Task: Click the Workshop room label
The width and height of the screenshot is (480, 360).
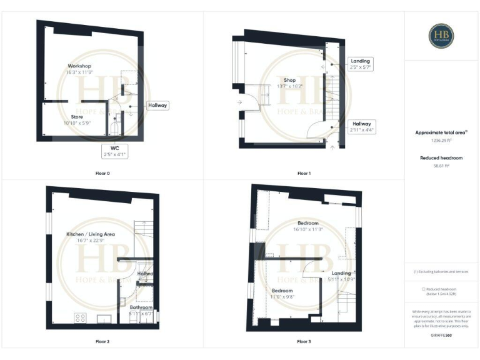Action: click(80, 69)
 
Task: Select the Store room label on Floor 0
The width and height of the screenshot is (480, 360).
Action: click(77, 120)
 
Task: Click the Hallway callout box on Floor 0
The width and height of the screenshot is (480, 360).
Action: click(157, 106)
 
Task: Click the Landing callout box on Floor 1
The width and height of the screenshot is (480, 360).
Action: click(361, 64)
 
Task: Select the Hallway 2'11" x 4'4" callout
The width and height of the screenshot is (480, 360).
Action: click(361, 127)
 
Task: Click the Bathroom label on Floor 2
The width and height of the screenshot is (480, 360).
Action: click(141, 311)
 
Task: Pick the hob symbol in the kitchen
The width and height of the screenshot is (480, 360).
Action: click(81, 318)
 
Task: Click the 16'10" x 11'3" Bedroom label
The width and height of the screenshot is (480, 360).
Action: click(308, 226)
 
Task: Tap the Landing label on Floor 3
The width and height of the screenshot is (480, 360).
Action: click(341, 276)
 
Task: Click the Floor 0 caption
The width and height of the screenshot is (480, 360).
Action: click(102, 172)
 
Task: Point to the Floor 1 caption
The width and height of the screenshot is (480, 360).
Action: click(304, 172)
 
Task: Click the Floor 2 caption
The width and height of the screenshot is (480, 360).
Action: click(102, 342)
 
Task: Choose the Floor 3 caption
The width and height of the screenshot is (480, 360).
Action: click(304, 342)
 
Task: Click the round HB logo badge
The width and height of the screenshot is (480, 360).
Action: click(441, 36)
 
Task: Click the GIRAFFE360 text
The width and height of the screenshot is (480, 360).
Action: click(441, 336)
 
